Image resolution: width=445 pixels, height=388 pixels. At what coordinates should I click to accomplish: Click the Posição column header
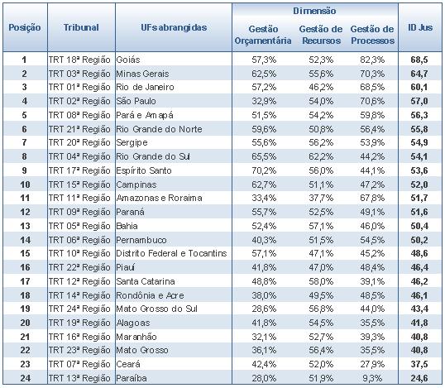tap(25, 27)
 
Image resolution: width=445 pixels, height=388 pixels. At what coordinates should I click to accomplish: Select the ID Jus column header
tap(420, 27)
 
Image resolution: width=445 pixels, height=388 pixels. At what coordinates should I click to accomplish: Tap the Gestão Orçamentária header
tap(263, 35)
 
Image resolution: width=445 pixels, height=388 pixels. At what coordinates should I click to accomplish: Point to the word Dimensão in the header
tap(314, 11)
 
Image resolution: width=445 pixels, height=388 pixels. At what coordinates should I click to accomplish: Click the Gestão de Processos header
tap(372, 35)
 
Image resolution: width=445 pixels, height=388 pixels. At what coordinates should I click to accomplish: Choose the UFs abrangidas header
tap(174, 27)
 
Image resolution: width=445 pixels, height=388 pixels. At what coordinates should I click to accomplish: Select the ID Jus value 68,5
tap(419, 60)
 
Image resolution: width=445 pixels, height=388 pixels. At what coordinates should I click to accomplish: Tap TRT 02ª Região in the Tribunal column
tap(79, 101)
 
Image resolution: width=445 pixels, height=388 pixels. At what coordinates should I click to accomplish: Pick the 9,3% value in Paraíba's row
tap(372, 378)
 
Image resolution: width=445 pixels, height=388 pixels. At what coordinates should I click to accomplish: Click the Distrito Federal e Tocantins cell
tap(171, 253)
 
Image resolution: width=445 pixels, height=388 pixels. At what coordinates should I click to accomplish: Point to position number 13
tap(25, 226)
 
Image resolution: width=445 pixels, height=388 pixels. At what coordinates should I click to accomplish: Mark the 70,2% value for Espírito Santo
tap(264, 170)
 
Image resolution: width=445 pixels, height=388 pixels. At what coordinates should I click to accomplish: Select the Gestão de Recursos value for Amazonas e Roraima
tap(321, 198)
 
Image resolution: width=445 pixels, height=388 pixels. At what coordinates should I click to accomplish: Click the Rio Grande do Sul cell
tap(153, 156)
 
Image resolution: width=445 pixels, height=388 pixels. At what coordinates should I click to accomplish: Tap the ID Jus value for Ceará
tap(419, 364)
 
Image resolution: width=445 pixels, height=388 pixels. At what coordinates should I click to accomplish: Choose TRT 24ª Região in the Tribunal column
tap(79, 309)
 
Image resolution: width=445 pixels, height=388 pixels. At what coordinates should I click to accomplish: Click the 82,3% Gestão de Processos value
tap(372, 60)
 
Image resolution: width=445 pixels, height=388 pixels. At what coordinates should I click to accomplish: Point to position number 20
tap(25, 323)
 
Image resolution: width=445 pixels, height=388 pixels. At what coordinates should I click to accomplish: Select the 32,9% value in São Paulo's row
tap(264, 101)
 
